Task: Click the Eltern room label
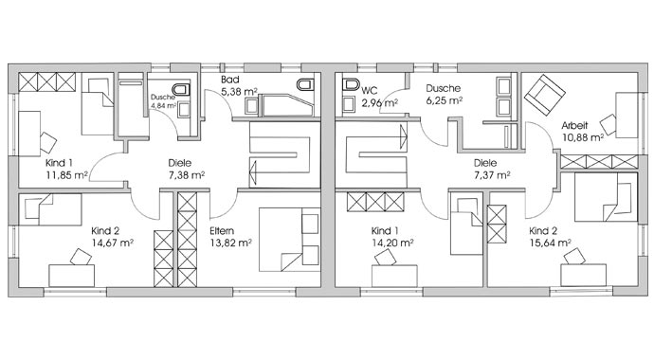click(x=222, y=231)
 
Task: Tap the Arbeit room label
click(x=574, y=125)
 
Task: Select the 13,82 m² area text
click(x=230, y=243)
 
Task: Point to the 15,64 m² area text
click(x=550, y=243)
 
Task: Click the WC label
click(x=370, y=90)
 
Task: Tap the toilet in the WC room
click(x=351, y=84)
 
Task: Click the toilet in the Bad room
click(x=305, y=84)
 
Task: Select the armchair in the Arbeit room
click(x=544, y=96)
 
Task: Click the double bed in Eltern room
click(x=289, y=240)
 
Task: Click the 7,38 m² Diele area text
click(x=187, y=175)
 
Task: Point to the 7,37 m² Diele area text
click(x=492, y=175)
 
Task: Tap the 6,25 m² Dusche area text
click(x=445, y=100)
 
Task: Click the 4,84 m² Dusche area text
click(x=163, y=106)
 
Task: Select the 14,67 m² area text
click(x=112, y=243)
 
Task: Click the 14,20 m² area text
click(x=392, y=243)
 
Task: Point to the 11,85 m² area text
click(x=66, y=175)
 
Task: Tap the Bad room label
click(x=229, y=80)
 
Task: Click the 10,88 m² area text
click(x=583, y=137)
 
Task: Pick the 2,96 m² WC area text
click(x=379, y=103)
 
